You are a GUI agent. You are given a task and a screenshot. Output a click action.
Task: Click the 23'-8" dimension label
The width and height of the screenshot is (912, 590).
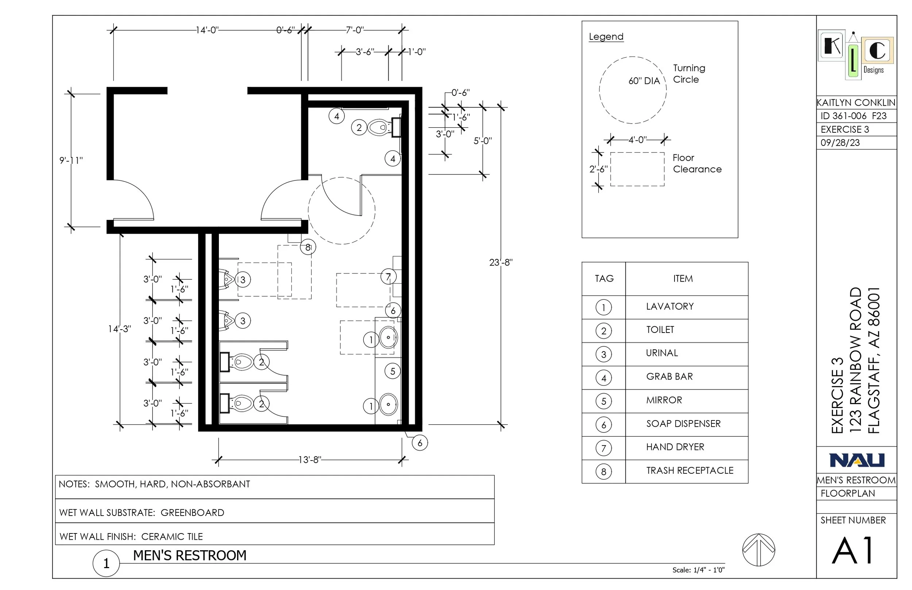coord(501,263)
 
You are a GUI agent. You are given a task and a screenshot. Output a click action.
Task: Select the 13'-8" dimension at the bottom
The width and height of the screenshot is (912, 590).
coord(310,459)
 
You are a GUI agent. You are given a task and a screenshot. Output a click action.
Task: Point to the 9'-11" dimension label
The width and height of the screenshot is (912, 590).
coord(71,160)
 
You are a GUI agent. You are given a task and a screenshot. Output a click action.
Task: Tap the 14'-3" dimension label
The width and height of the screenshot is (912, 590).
coord(119,329)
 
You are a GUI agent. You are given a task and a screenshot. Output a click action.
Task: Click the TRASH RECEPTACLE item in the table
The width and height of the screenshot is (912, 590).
coord(689,470)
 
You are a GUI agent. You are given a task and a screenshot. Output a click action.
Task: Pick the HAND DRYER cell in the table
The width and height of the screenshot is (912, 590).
coord(675,447)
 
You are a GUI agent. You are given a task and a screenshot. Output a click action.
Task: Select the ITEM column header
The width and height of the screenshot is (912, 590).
coord(683,279)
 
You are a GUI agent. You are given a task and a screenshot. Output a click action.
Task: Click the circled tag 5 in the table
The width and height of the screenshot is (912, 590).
coord(603,401)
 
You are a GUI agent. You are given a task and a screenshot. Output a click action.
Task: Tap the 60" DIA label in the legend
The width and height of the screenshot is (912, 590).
coord(644,81)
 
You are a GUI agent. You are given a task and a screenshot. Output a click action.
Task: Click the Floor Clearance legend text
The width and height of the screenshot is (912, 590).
coord(697,163)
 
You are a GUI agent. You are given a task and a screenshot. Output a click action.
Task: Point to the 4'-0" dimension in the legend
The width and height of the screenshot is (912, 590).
coord(637,140)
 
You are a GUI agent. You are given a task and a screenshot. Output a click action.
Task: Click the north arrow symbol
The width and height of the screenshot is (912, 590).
coord(758,550)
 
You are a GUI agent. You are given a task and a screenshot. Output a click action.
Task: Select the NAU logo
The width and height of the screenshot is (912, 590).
coord(857,460)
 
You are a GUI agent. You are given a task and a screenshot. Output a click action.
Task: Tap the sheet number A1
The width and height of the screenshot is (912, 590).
coord(853,551)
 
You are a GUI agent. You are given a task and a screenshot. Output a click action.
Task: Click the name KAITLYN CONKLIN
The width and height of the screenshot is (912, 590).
coord(856,103)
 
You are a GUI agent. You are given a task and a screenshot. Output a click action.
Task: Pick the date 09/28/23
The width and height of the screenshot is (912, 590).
coord(840,143)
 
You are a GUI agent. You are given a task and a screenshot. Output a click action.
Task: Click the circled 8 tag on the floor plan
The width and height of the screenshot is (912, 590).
coord(308,248)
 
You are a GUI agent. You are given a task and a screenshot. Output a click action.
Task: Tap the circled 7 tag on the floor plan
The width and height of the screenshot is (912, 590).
coord(388,277)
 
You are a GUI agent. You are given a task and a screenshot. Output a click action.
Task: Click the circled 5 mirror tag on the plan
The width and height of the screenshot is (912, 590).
coord(393,371)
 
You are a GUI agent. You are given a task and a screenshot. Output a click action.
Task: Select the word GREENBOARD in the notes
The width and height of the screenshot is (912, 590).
coord(192,513)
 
